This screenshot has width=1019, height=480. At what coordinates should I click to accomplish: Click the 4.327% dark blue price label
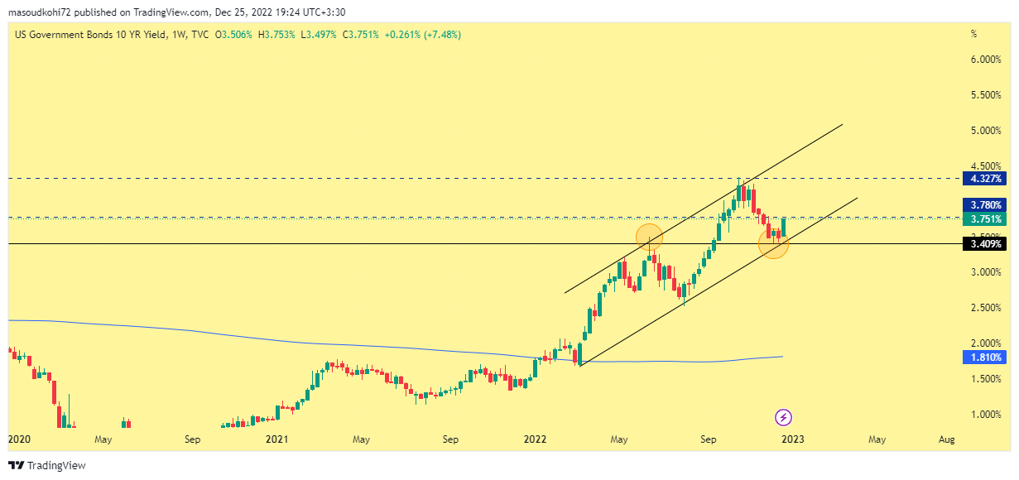(x=982, y=178)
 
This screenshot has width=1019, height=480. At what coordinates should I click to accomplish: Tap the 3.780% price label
(x=982, y=204)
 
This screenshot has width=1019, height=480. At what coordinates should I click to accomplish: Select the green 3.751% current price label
(x=982, y=219)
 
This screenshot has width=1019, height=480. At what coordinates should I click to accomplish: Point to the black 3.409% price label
(x=982, y=244)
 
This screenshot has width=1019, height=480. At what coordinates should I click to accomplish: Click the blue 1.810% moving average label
(x=982, y=358)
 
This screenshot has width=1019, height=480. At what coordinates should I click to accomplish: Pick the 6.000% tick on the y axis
(x=984, y=60)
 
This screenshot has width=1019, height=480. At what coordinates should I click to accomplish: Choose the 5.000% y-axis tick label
(x=984, y=131)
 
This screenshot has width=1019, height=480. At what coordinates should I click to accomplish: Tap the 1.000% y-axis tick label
(x=984, y=415)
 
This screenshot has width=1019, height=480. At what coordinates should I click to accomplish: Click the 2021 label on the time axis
(x=277, y=439)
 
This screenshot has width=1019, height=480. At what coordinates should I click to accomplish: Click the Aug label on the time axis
(x=946, y=439)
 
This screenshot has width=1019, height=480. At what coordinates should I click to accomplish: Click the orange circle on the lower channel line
(x=773, y=244)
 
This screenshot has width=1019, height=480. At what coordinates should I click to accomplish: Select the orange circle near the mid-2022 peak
(x=649, y=237)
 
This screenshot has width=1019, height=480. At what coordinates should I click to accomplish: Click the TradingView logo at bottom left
(x=47, y=466)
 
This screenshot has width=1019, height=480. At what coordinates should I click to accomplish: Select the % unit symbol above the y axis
(x=973, y=35)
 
